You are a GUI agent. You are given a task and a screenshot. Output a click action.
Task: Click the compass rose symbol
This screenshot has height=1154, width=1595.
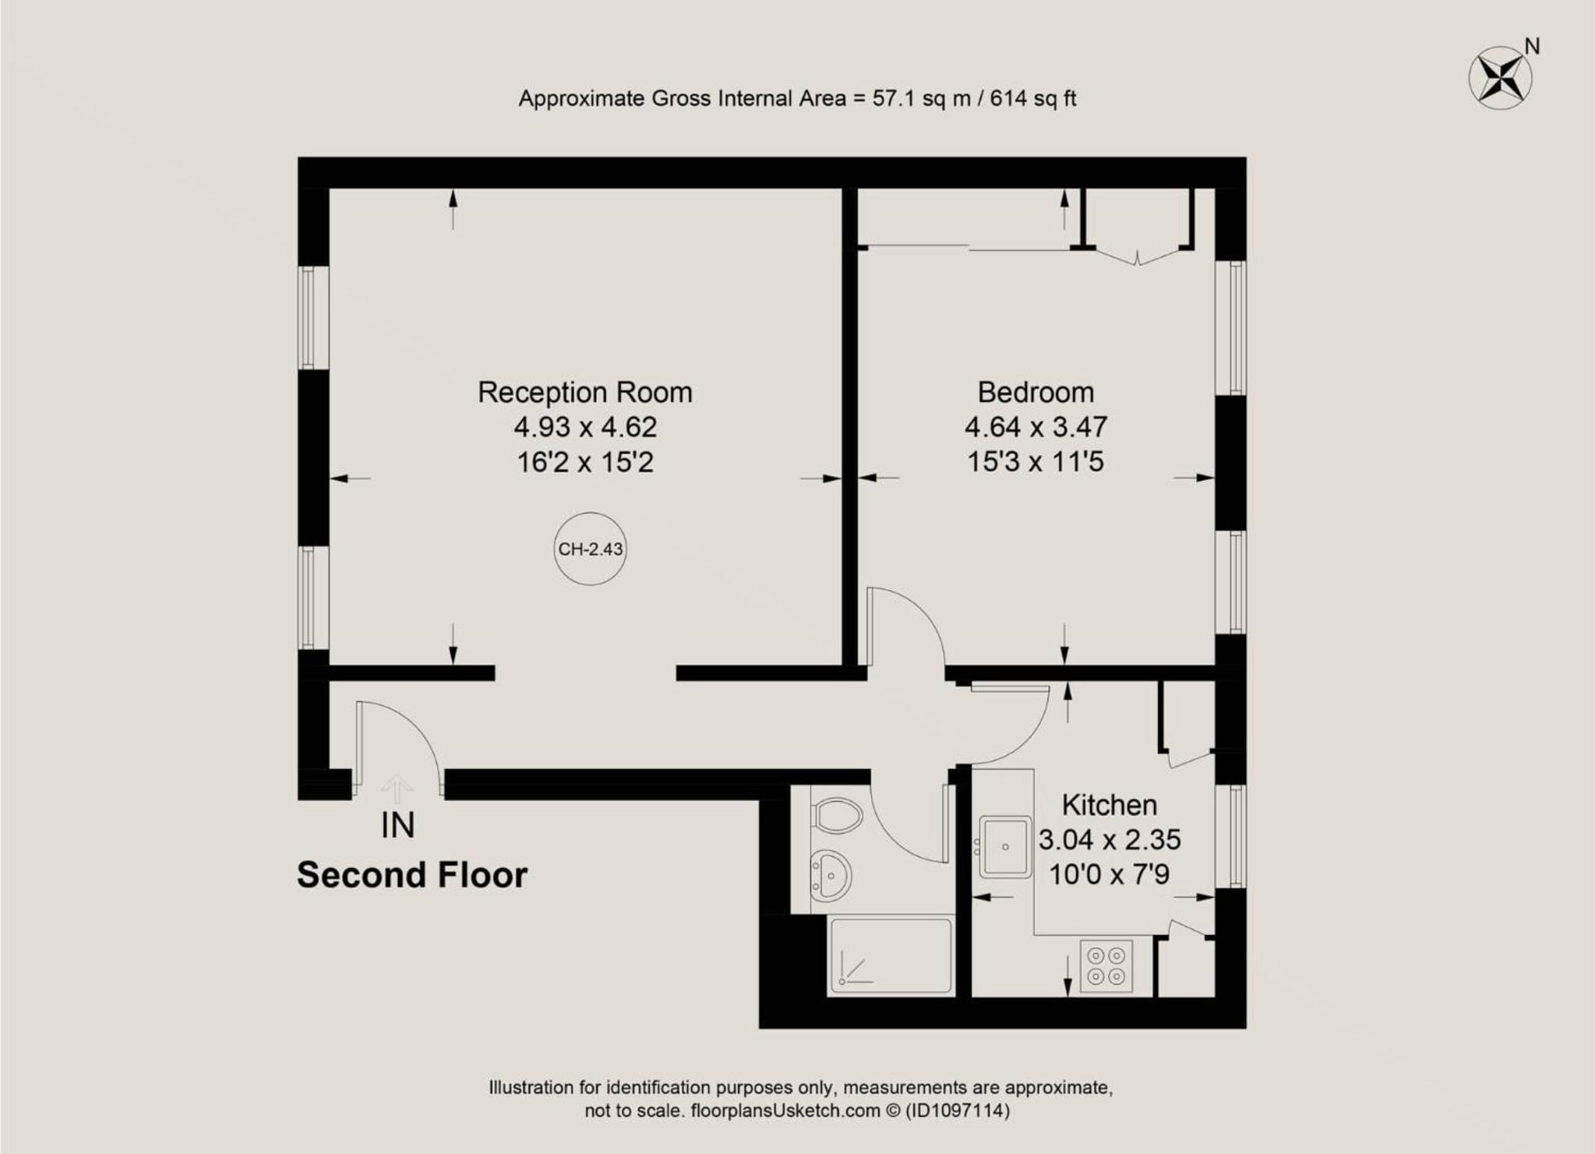(x=1500, y=78)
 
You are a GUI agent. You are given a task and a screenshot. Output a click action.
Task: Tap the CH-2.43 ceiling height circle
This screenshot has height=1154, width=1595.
(x=591, y=549)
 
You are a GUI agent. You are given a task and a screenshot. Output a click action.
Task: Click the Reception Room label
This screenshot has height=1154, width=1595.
(x=585, y=392)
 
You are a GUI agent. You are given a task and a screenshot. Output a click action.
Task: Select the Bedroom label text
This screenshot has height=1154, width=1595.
(x=1036, y=392)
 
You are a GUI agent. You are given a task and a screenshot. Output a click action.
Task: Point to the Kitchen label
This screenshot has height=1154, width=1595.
(x=1110, y=804)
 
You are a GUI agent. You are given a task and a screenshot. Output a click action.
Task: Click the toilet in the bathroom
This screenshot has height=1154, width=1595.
(x=837, y=816)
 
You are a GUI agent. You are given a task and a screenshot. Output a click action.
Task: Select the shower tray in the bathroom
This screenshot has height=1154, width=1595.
(x=891, y=955)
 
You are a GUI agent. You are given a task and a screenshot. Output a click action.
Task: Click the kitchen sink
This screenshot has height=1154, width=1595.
(x=1005, y=846)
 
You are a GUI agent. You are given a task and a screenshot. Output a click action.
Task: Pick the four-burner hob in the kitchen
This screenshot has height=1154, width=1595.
(x=1106, y=966)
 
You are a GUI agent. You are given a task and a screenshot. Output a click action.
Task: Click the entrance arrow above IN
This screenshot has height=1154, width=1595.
(x=397, y=789)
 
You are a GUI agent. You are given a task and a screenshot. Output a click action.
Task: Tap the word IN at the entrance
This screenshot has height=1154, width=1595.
(x=397, y=825)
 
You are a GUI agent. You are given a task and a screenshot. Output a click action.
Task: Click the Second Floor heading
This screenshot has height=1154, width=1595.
(x=412, y=875)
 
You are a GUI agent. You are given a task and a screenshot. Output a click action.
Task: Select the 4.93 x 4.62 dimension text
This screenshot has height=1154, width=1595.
(x=585, y=427)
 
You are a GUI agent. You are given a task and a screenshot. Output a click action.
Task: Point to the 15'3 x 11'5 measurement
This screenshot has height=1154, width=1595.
(x=1036, y=462)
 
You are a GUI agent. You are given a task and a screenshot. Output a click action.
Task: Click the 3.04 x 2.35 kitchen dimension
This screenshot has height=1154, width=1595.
(x=1110, y=839)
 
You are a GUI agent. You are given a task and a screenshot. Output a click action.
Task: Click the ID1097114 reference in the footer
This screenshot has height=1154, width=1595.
(x=957, y=1110)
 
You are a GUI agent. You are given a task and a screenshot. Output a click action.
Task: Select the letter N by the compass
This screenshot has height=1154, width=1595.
(x=1532, y=47)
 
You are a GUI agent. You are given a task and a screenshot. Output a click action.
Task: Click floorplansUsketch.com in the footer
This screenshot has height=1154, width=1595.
(x=785, y=1110)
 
